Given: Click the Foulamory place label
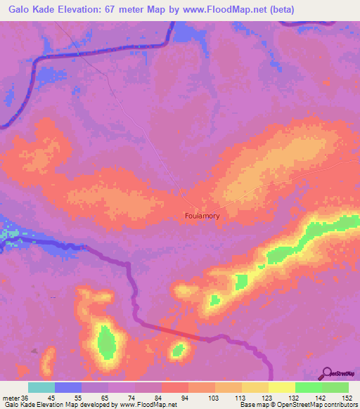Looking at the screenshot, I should (202, 216).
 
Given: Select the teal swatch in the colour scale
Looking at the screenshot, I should (41, 387).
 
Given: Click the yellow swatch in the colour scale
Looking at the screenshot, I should (282, 387).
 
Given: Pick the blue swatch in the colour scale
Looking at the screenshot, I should (68, 387).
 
